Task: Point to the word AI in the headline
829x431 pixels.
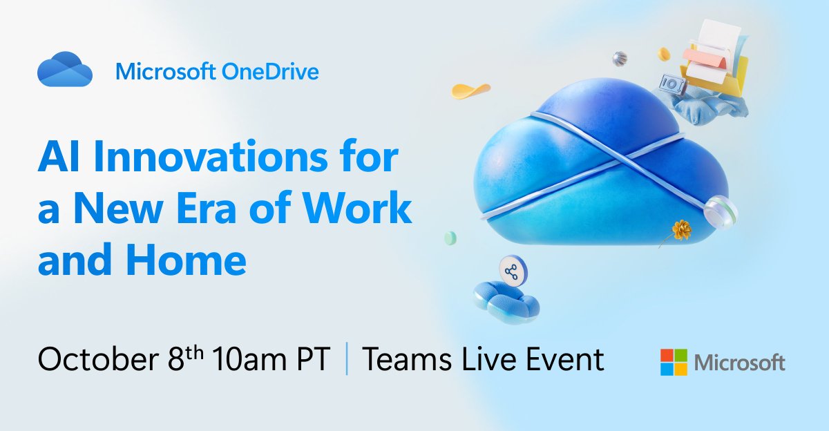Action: tap(57, 160)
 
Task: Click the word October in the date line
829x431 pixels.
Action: tap(93, 360)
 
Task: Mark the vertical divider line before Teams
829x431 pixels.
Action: tap(346, 361)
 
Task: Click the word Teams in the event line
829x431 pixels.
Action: tap(404, 360)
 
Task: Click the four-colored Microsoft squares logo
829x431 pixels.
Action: tap(674, 362)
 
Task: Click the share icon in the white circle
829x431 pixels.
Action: tap(511, 271)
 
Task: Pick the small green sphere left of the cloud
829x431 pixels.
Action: tap(450, 238)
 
